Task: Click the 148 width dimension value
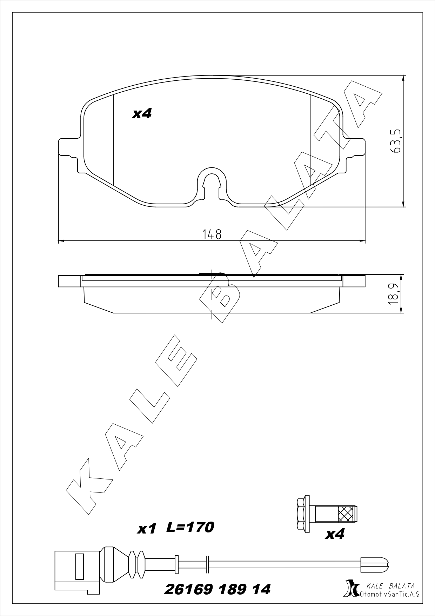tap(212, 234)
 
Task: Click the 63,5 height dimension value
tap(395, 140)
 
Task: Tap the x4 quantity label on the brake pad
tap(142, 113)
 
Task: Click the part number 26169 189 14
tap(217, 589)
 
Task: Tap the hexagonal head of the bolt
tap(301, 518)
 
